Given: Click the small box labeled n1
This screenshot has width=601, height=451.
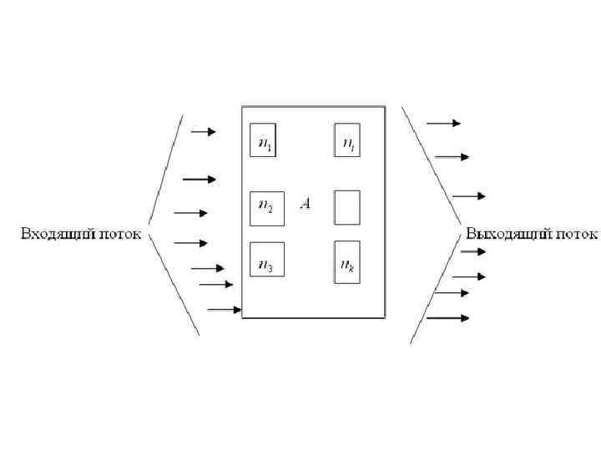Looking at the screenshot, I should coord(264,139).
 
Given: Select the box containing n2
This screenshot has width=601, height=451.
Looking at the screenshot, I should coord(267,208).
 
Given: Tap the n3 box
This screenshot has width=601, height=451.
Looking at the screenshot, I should coord(267,259).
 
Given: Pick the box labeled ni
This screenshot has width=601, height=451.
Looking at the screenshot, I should coord(347,139).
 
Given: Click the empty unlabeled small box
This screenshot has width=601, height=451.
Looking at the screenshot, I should coord(347,207).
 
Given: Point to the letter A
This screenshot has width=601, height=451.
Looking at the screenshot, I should coord(306,204).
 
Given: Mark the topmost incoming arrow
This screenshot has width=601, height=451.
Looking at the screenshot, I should coord(203,131).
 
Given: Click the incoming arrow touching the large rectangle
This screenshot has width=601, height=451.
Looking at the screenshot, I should coord(224,310).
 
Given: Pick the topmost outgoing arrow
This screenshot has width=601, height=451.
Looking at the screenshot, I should coord(443,123).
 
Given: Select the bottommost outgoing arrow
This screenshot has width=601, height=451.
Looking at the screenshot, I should coord(447,317).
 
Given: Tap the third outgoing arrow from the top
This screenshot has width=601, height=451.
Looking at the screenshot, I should coord(468,196).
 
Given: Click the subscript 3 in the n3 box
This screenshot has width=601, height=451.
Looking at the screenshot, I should coord(270,269).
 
